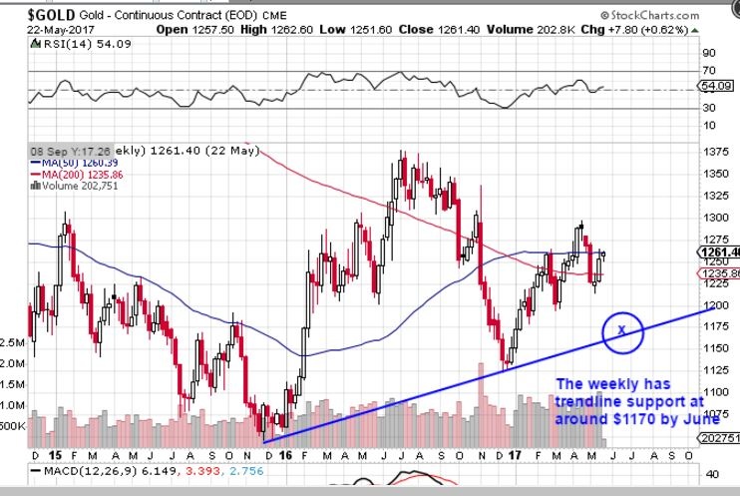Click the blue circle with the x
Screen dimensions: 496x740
pyautogui.click(x=620, y=328)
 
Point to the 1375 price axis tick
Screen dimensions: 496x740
pyautogui.click(x=714, y=151)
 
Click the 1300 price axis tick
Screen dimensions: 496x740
pyautogui.click(x=714, y=218)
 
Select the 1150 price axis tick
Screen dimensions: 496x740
pyautogui.click(x=714, y=348)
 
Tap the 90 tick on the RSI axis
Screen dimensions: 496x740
pyautogui.click(x=709, y=52)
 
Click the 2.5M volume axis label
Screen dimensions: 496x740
pyautogui.click(x=13, y=341)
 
